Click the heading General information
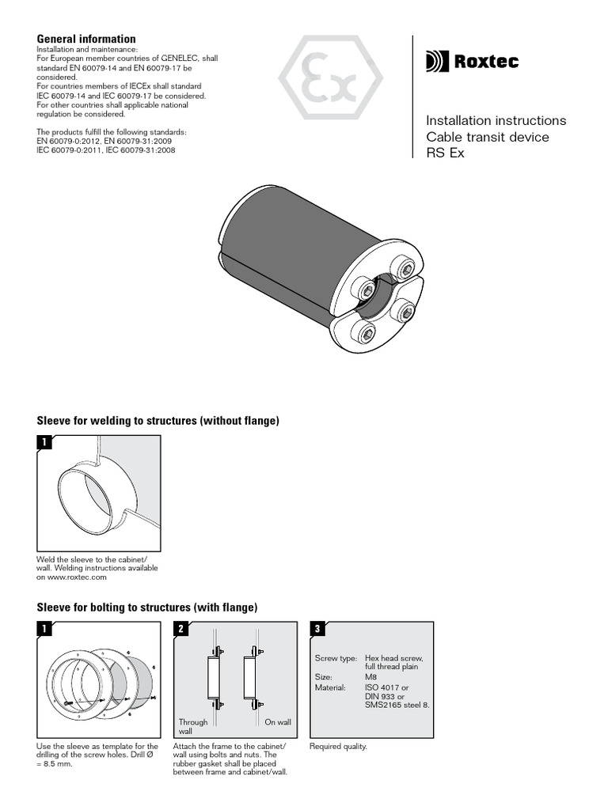coord(86,39)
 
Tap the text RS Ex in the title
coord(445,153)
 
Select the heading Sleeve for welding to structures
coord(158,421)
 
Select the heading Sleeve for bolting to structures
coord(147,607)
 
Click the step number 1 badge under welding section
coord(44,443)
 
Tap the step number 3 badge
coord(317,630)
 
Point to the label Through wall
coord(193,726)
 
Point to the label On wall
coord(277,722)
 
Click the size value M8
coord(370,677)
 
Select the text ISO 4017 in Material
coord(381,687)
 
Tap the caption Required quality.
coord(338,747)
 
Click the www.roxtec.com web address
coord(71,577)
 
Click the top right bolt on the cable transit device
coord(405,268)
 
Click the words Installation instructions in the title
coord(496,121)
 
